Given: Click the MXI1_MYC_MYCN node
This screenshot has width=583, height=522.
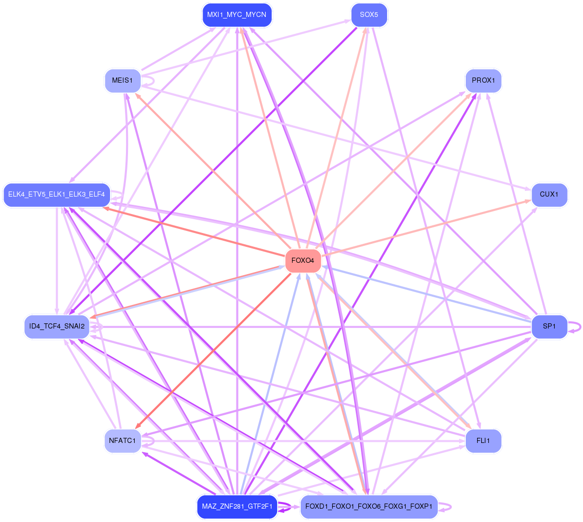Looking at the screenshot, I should coord(236,15).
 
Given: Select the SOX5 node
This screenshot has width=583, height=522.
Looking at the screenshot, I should coord(369,15).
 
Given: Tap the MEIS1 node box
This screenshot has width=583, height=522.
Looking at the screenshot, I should coord(122,81).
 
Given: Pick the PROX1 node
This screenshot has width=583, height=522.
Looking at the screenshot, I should coord(483,81).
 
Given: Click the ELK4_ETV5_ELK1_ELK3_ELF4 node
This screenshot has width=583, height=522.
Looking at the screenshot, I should coord(57,195).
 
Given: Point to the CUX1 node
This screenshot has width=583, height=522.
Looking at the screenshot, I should coord(549,195).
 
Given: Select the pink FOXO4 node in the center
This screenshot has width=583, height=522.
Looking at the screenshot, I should coord(303,261).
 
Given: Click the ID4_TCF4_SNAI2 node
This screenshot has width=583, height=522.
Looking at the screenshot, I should coord(57,326).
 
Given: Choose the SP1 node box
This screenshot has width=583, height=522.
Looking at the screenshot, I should coord(549,326).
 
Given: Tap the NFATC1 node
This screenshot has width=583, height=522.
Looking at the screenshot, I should coord(122,440).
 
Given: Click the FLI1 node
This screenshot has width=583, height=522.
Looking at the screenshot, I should coord(483,440).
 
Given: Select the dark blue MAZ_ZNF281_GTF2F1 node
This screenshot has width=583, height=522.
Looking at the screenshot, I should coord(236,507).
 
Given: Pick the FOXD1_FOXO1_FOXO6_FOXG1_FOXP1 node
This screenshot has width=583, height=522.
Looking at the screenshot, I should coord(369,507).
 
